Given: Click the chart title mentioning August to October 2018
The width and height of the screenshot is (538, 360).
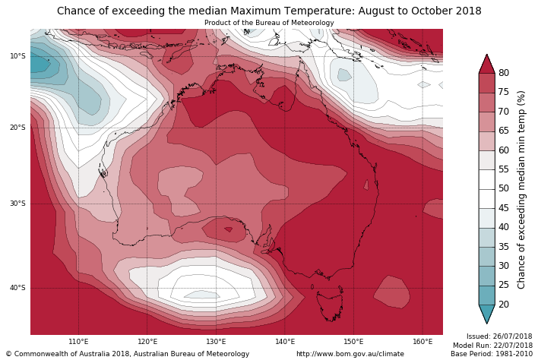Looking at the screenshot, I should point(269,11).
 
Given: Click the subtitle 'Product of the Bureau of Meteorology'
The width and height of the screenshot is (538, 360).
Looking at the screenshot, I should point(269,23).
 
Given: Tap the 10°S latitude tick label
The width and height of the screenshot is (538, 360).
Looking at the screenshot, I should point(17,56).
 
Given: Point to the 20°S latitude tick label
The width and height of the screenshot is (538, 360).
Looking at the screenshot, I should point(17,128).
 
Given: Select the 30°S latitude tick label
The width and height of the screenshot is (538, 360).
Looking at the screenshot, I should point(17,204).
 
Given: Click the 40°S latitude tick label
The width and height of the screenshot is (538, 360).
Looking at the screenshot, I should point(17,288).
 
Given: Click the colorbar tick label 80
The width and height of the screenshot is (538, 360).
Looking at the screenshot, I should point(503,73).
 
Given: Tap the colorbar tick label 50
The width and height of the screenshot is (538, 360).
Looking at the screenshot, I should point(503,188).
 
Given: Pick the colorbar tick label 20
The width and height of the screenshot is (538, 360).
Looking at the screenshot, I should point(503,305).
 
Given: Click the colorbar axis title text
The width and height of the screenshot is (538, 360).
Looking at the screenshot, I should point(521,189).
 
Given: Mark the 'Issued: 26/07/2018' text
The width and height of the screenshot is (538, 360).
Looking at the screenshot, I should point(498,336).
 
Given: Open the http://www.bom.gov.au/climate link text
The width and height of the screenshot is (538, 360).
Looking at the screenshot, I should point(350,354).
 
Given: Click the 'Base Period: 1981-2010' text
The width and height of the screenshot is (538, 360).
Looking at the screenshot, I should point(492,354).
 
